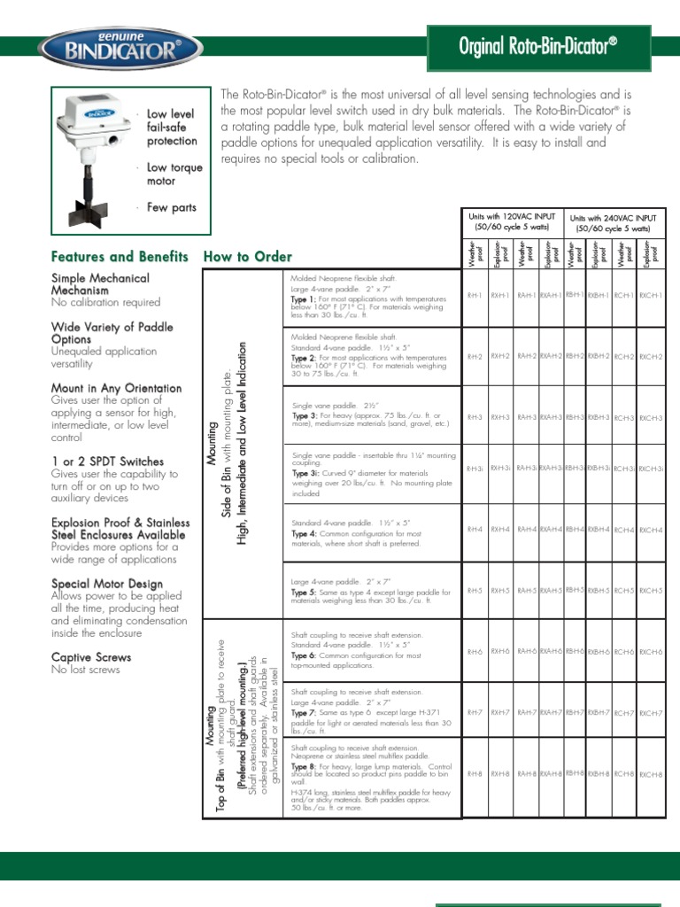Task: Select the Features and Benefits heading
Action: [x=120, y=257]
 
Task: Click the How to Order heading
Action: [x=248, y=257]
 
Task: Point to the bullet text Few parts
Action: [x=172, y=207]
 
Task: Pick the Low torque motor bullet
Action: [x=174, y=174]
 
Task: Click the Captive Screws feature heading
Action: [x=91, y=657]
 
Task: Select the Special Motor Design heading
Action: [x=107, y=584]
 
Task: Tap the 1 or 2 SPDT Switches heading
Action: [x=107, y=461]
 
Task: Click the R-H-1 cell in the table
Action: [x=475, y=295]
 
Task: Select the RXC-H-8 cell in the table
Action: [x=651, y=775]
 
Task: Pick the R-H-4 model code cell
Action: [x=475, y=530]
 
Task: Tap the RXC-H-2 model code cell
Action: [x=651, y=357]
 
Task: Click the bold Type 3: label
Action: [x=305, y=415]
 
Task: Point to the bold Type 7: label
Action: [x=305, y=713]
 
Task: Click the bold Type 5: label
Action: [x=305, y=593]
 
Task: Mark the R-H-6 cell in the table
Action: [x=475, y=652]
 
